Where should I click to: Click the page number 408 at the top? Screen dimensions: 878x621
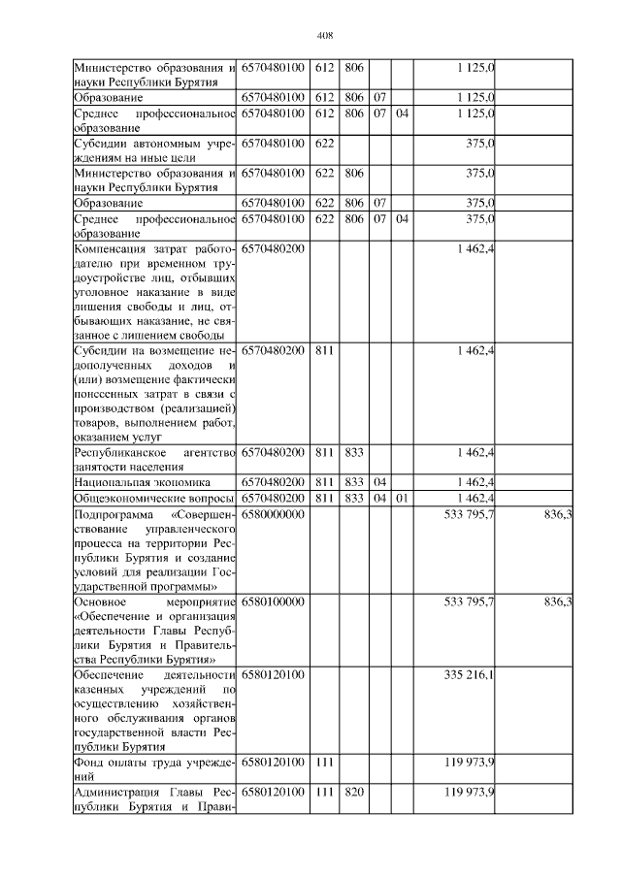[325, 36]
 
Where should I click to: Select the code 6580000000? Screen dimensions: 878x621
[274, 514]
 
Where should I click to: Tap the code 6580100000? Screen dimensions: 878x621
[274, 602]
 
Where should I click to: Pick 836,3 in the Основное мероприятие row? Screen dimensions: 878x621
[557, 602]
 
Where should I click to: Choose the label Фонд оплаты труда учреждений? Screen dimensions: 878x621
[155, 768]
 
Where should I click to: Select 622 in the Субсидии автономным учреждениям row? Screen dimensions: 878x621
[325, 143]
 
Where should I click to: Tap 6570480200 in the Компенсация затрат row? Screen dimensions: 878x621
[274, 249]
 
